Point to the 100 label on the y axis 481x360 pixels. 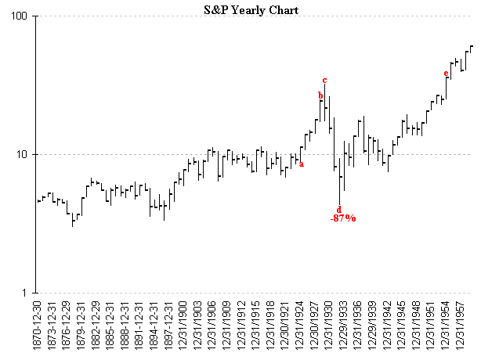coord(20,16)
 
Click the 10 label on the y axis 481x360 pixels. coord(22,154)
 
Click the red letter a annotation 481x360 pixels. coord(302,164)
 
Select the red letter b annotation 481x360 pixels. coord(320,95)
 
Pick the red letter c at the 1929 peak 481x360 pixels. coord(324,80)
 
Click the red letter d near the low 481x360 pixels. coord(339,209)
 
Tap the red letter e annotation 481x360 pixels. coord(446,74)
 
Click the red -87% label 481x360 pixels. coord(343,218)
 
